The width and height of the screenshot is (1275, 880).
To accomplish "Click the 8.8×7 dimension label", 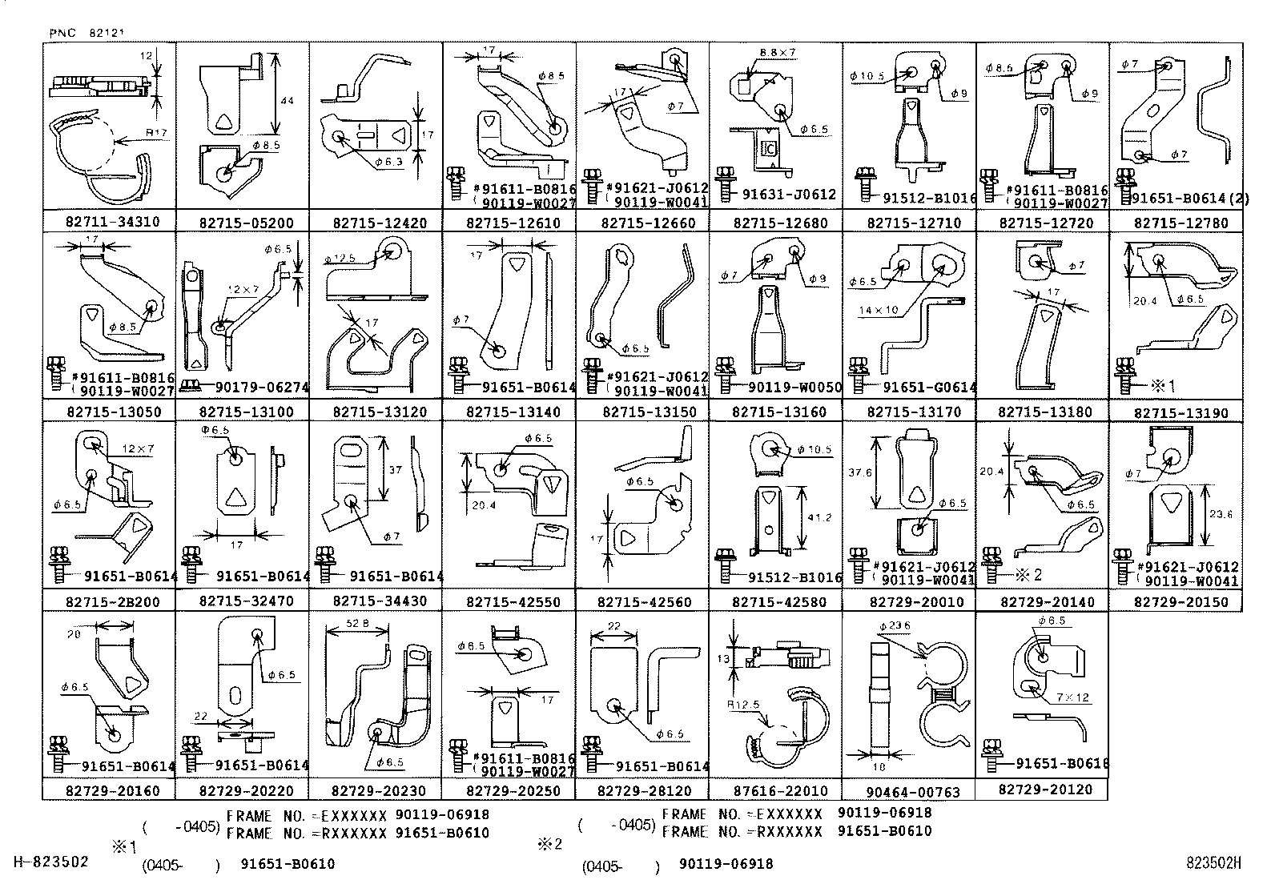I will pyautogui.click(x=777, y=53).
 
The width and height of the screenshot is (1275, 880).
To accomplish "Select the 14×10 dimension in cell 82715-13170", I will pyautogui.click(x=879, y=309).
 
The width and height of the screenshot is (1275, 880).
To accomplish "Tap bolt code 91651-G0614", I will pyautogui.click(x=929, y=388).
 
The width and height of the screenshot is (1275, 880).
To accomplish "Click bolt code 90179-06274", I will pyautogui.click(x=262, y=388).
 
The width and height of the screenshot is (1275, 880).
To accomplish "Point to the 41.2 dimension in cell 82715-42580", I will pyautogui.click(x=819, y=518).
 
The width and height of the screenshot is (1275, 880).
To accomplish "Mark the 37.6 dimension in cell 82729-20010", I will pyautogui.click(x=860, y=472).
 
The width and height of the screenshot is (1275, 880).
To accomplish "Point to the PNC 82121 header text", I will pyautogui.click(x=86, y=34).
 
